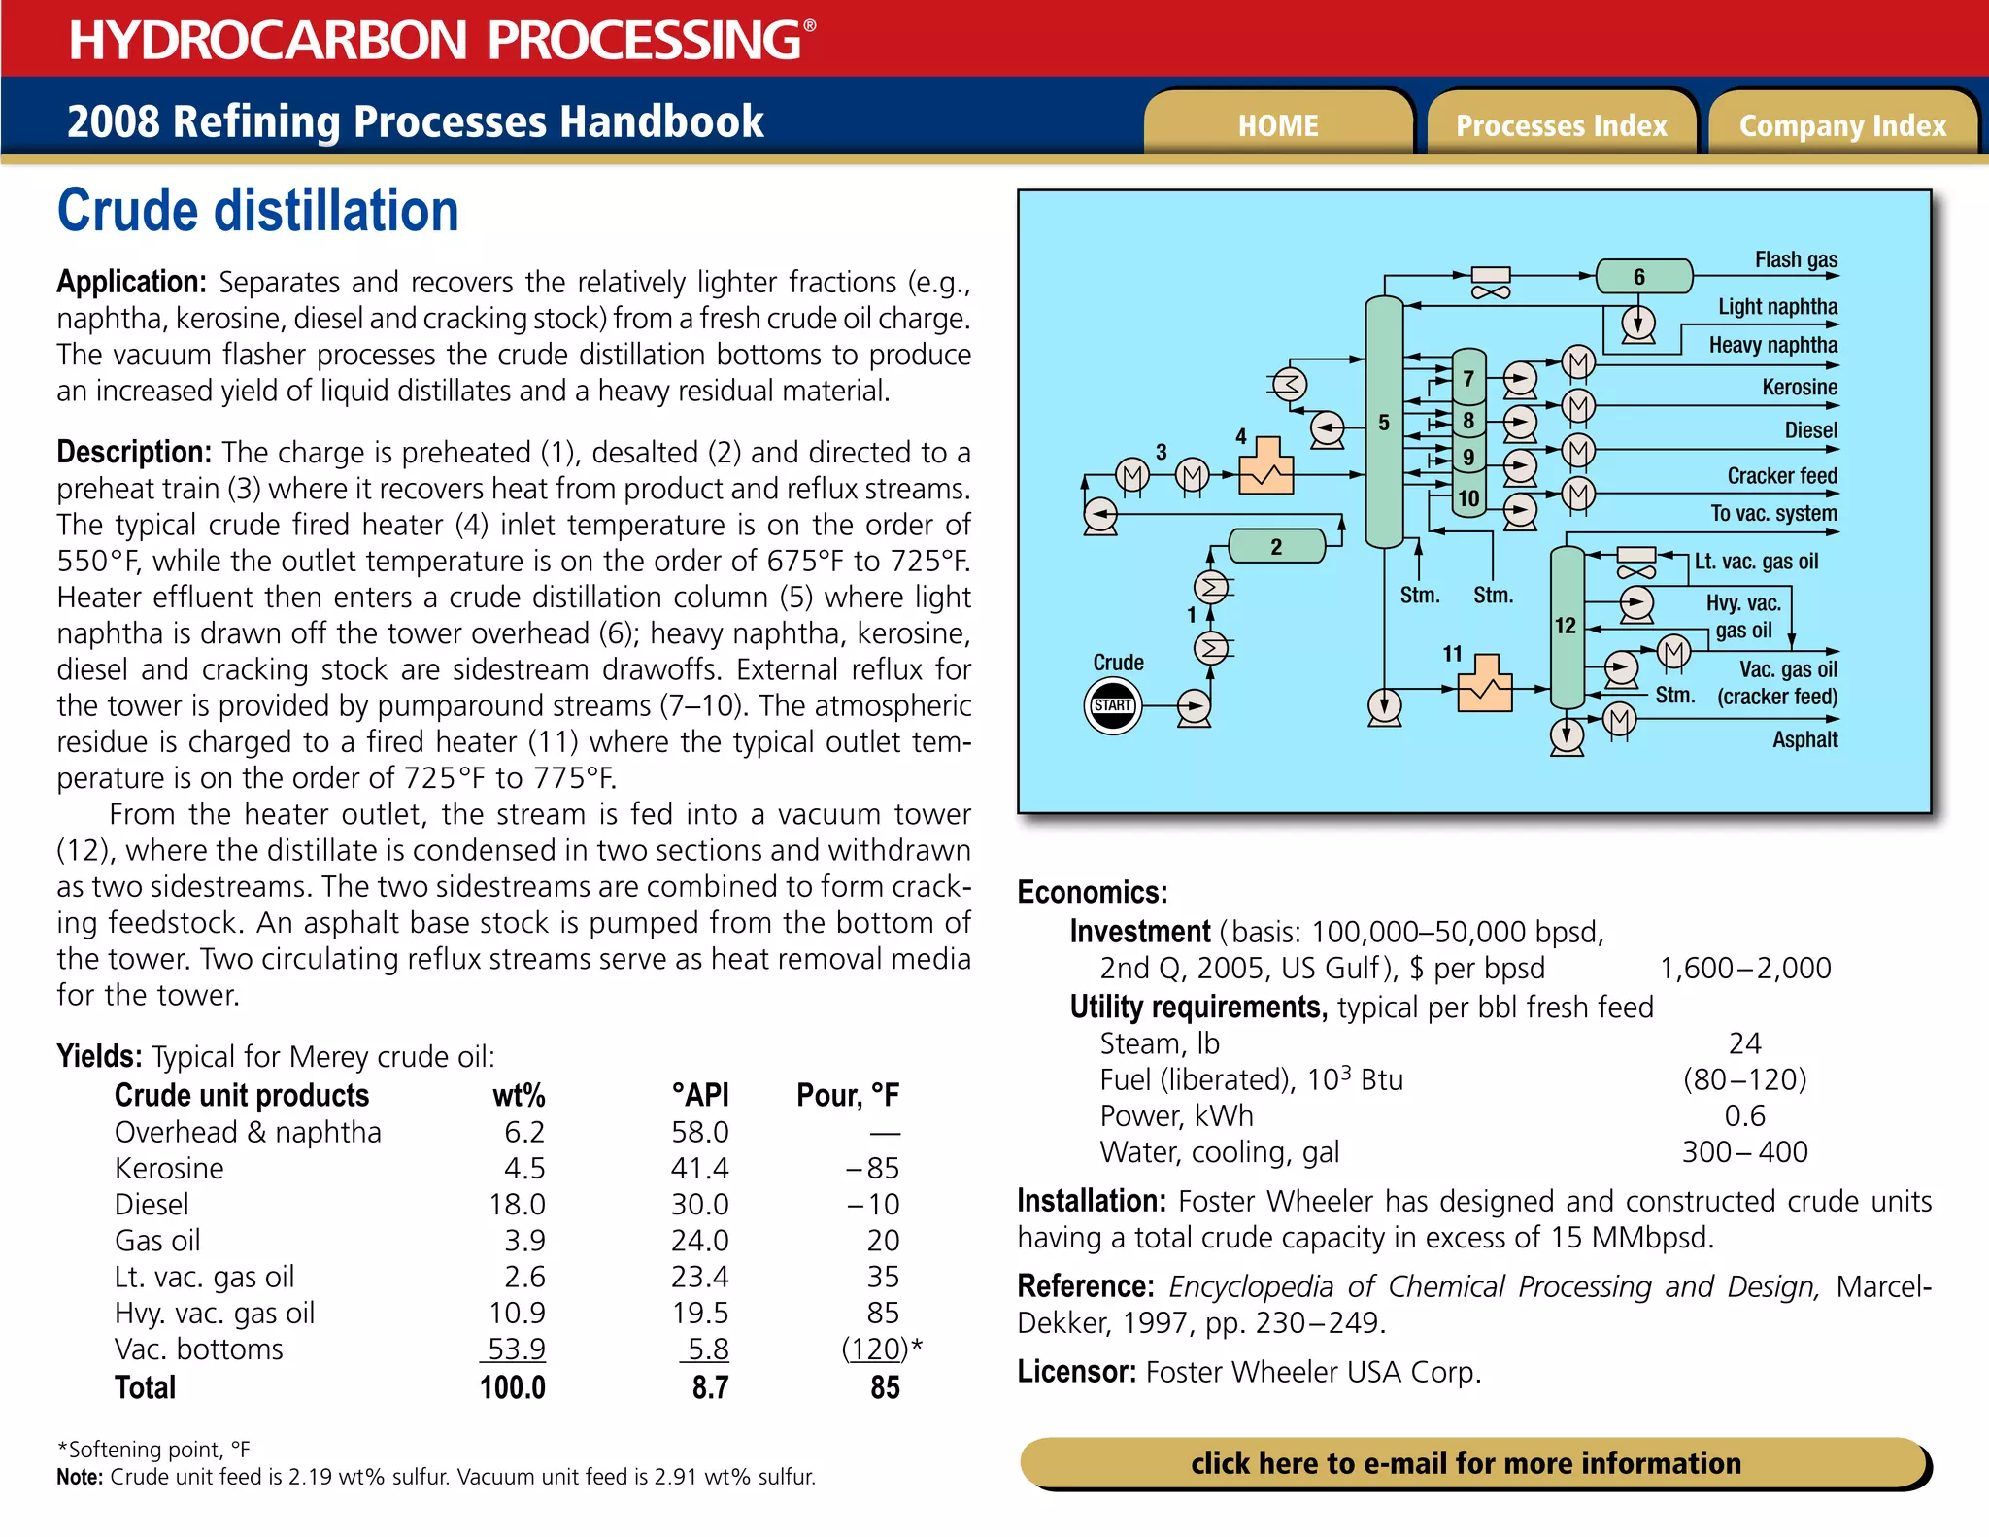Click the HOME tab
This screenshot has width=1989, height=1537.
click(x=1278, y=125)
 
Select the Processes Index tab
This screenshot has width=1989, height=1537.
click(x=1561, y=125)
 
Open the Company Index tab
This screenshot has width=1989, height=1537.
click(x=1842, y=125)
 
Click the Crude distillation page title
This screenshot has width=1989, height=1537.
click(x=257, y=211)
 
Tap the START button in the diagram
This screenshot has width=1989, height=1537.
click(x=1112, y=705)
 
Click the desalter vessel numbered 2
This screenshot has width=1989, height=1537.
click(x=1276, y=546)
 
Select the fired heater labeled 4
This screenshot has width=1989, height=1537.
click(x=1266, y=468)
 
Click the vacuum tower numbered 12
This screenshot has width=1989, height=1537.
click(x=1566, y=626)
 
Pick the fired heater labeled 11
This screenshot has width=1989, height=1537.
click(x=1485, y=685)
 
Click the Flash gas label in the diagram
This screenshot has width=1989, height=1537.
click(x=1796, y=259)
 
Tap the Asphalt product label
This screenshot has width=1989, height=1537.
click(x=1804, y=739)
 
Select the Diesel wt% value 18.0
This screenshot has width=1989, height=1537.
click(x=517, y=1205)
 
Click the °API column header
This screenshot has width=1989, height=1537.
click(x=699, y=1095)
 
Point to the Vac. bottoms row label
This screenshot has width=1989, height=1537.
click(x=199, y=1349)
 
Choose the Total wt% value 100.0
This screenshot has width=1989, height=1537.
click(x=513, y=1387)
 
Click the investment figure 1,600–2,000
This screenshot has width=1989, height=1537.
click(x=1745, y=969)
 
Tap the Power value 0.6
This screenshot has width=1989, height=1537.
click(x=1744, y=1116)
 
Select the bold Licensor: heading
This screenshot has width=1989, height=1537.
click(x=1076, y=1372)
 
